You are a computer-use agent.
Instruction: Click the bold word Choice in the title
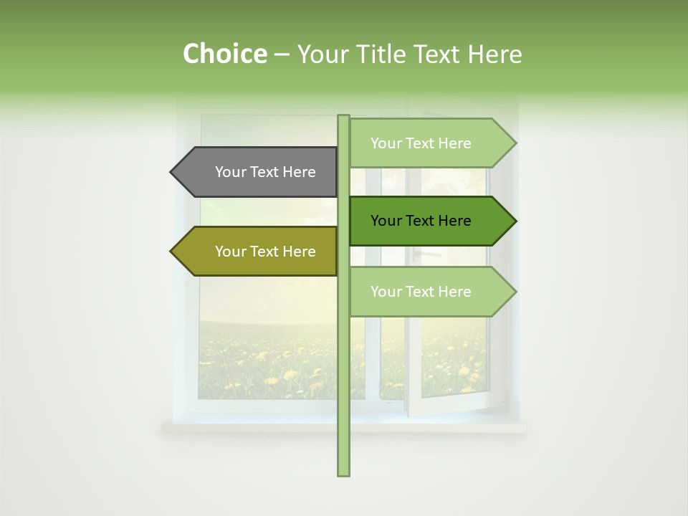coord(224,54)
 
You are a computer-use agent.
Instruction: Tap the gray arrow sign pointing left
coord(258,172)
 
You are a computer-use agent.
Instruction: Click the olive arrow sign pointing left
coord(258,252)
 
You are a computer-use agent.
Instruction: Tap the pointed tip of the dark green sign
coord(515,221)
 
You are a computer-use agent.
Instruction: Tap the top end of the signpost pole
coord(343,117)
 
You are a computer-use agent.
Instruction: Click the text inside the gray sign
coord(265,172)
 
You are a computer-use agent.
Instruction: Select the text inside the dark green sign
coord(421,221)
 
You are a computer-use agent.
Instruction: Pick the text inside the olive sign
coord(265,252)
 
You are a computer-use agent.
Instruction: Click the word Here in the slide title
coord(494,54)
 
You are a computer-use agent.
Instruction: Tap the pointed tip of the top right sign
coord(515,143)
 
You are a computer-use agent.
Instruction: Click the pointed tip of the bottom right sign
coord(515,292)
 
